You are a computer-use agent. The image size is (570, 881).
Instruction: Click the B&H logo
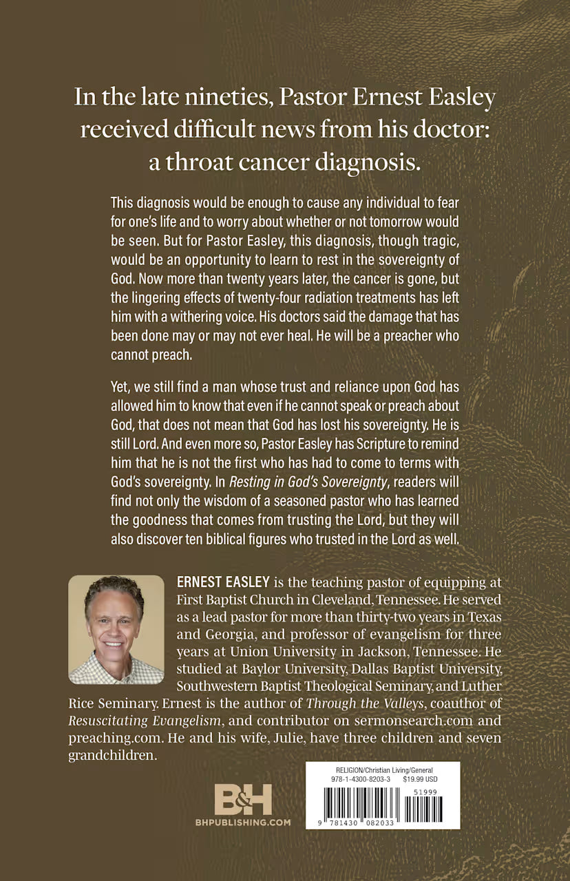pos(243,800)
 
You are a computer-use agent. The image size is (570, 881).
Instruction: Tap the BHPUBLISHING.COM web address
pos(243,822)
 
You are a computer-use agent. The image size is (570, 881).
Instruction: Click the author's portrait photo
pos(116,629)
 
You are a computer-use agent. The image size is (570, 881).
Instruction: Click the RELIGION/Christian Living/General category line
pos(374,769)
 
